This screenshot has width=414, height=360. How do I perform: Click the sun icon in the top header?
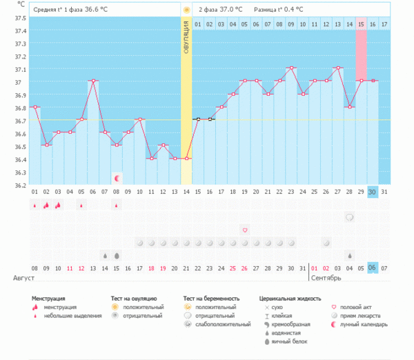(186, 10)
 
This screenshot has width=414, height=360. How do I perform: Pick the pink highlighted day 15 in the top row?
(361, 24)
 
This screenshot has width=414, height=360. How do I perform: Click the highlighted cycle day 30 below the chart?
(373, 191)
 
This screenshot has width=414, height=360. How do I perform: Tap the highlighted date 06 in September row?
(373, 268)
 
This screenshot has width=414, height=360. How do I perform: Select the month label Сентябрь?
(326, 279)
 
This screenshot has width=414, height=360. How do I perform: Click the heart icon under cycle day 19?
(244, 230)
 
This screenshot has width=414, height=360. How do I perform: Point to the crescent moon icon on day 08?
(117, 178)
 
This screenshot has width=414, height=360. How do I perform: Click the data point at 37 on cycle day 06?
(93, 81)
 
